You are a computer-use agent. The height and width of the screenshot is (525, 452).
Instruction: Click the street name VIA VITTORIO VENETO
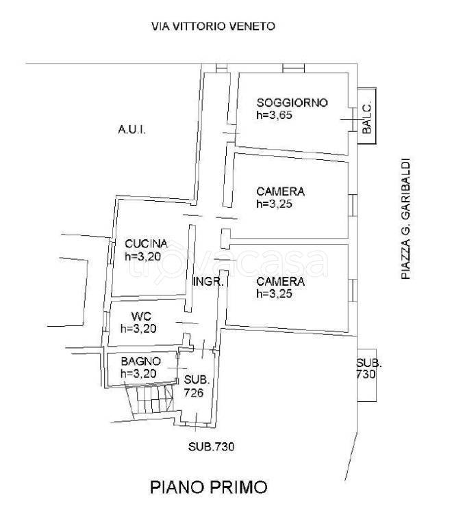pyautogui.click(x=213, y=26)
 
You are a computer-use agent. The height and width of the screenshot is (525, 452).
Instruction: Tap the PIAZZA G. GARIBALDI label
pyautogui.click(x=405, y=219)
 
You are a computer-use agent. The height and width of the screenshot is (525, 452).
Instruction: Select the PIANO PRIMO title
pyautogui.click(x=209, y=487)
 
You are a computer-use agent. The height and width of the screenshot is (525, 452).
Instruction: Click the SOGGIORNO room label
pyautogui.click(x=292, y=103)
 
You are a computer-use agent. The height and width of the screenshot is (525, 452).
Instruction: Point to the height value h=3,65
pyautogui.click(x=275, y=115)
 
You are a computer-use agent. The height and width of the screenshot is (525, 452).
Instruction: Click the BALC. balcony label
pyautogui.click(x=366, y=117)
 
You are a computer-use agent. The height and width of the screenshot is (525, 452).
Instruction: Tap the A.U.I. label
pyautogui.click(x=131, y=129)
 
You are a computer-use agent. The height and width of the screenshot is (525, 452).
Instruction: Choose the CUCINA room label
pyautogui.click(x=146, y=244)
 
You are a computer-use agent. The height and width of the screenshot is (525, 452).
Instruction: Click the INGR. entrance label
pyautogui.click(x=208, y=282)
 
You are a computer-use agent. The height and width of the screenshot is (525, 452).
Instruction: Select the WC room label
pyautogui.click(x=141, y=316)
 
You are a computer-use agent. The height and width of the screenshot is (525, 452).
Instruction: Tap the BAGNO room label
pyautogui.click(x=141, y=361)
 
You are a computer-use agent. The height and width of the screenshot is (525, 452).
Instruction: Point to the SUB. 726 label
pyautogui.click(x=197, y=386)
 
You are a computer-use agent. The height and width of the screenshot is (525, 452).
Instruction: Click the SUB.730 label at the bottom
pyautogui.click(x=211, y=446)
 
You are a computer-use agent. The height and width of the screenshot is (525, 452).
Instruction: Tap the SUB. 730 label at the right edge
pyautogui.click(x=368, y=368)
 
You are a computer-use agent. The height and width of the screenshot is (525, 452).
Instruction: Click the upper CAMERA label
pyautogui.click(x=280, y=191)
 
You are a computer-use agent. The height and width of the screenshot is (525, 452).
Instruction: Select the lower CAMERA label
pyautogui.click(x=280, y=281)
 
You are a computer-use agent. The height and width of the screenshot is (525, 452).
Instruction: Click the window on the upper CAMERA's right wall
pyautogui.click(x=353, y=205)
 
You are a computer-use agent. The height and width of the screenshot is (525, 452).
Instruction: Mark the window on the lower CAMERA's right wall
pyautogui.click(x=353, y=291)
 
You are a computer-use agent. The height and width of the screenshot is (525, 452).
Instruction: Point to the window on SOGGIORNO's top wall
pyautogui.click(x=293, y=68)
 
